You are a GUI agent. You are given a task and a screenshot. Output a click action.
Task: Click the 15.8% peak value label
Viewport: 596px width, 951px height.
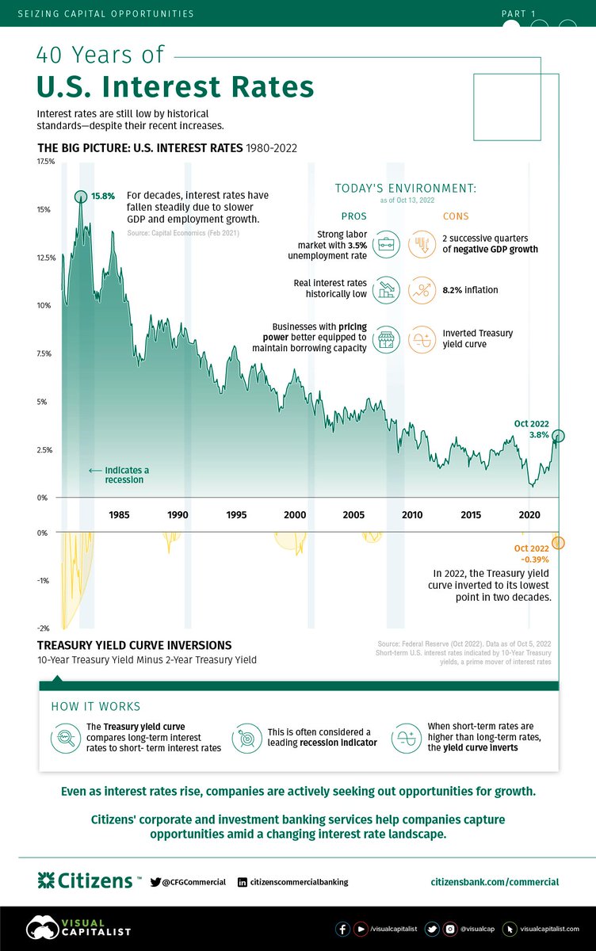point(103,196)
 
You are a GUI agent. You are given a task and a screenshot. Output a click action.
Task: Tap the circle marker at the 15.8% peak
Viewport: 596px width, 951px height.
point(81,197)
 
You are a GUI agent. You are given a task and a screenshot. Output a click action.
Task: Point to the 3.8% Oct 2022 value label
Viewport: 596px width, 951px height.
point(539,435)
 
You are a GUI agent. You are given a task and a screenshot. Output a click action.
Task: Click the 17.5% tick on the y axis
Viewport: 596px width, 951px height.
point(45,162)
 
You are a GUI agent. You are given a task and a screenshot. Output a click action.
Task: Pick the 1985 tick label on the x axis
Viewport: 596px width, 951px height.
point(120,515)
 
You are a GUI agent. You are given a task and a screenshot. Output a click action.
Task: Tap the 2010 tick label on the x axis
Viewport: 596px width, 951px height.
point(411,515)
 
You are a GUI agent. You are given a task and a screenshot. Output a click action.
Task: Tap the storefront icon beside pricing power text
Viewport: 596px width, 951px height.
point(386,339)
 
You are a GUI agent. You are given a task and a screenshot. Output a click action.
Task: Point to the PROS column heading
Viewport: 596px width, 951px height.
point(353,216)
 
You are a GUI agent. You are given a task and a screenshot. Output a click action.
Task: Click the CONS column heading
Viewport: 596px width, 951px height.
point(456,216)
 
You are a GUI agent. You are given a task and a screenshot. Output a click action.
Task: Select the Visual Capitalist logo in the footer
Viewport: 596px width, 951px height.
point(78,928)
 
